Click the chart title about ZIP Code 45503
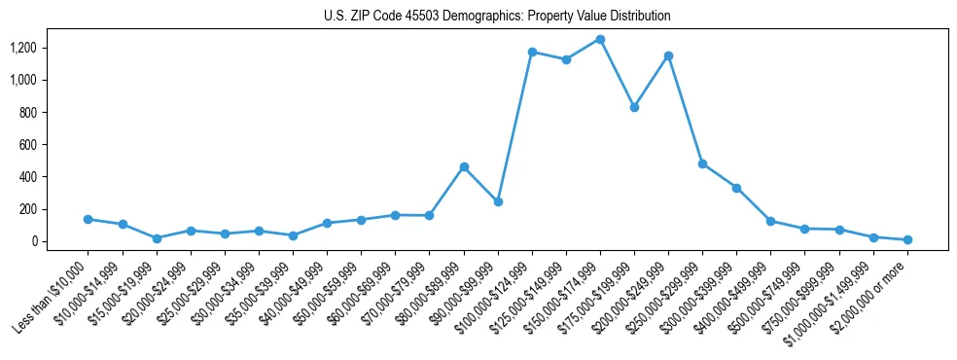coord(497,17)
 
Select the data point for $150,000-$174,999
coord(600,40)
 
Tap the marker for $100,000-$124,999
coord(532,52)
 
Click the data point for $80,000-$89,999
coord(464,166)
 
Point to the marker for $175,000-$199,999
coord(634,107)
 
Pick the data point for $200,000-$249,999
coord(668,55)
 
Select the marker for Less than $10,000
coord(89,219)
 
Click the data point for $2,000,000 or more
coord(907,239)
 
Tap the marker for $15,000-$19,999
coord(157,238)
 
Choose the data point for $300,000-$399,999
coord(736,188)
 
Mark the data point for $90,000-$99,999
coord(498,202)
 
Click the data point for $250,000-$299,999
coord(702,163)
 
